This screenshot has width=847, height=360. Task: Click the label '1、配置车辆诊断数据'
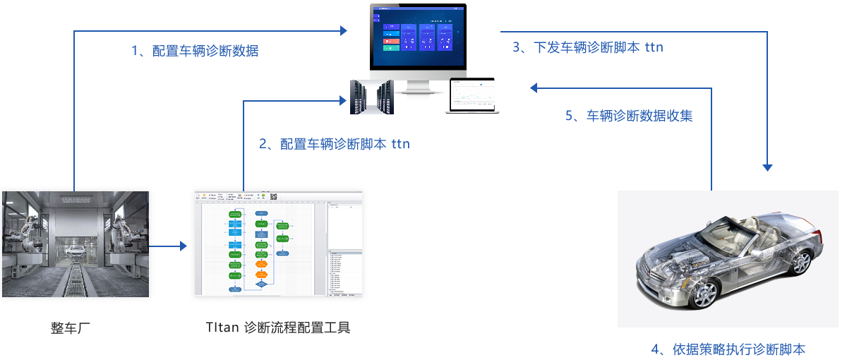point(195,51)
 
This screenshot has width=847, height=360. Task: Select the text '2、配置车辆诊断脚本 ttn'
point(334,144)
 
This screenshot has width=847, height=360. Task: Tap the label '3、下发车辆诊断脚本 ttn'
point(587,47)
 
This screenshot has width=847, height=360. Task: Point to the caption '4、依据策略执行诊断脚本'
point(728,349)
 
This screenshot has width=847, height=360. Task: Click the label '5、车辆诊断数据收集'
point(629,116)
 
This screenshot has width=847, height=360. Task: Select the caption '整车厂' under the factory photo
point(71,328)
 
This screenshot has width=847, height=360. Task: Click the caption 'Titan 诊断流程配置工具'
point(278,328)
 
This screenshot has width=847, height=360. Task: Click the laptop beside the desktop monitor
point(472,95)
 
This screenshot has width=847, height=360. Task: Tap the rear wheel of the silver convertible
point(800,263)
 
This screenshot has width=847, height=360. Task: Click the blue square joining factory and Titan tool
point(184,246)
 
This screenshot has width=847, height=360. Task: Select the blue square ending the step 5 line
point(533,88)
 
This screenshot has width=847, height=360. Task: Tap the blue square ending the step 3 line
point(767,169)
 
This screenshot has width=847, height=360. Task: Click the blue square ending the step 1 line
point(344,30)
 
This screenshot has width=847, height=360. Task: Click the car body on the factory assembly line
point(74,250)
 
